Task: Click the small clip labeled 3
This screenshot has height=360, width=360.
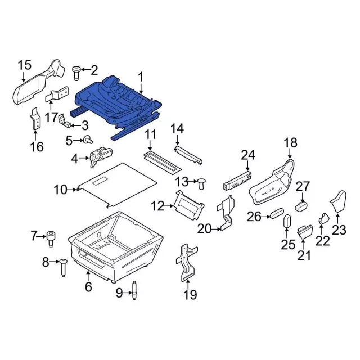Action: (x=100, y=156)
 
